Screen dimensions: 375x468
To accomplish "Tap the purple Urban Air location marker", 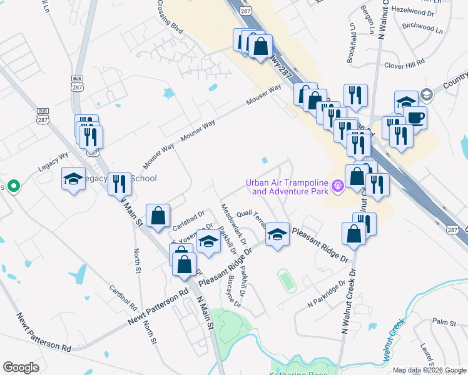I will coord(338,186).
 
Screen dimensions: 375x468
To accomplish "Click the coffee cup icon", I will coord(414,117).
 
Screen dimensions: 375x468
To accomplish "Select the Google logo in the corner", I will coord(21,367).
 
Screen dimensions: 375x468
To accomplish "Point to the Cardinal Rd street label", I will coord(123,299).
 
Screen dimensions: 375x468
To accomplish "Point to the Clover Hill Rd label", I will coord(404,64).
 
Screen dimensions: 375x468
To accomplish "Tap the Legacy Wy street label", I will coord(53,161).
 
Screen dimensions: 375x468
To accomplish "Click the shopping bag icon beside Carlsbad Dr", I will coord(158,216).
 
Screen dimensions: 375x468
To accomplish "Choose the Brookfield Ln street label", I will coord(352,44).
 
